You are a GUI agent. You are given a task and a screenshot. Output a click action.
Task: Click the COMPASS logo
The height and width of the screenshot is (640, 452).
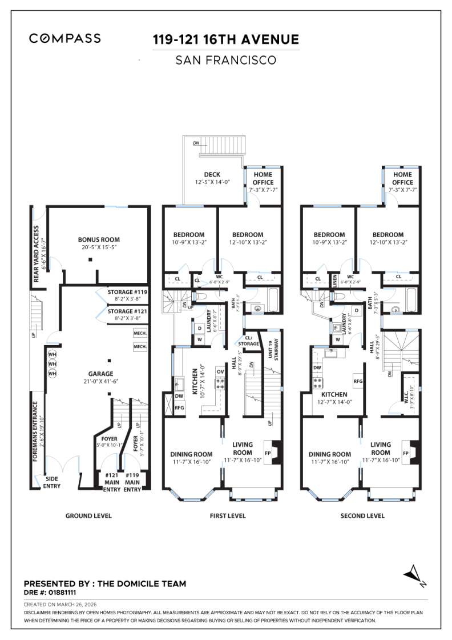coord(65,39)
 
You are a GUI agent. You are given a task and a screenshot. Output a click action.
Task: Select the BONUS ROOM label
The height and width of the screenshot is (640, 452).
coord(99,240)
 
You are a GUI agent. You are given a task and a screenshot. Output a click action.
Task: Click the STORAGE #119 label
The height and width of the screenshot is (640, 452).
coord(128,292)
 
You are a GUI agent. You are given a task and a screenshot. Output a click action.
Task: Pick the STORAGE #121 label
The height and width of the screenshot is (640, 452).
coord(128,311)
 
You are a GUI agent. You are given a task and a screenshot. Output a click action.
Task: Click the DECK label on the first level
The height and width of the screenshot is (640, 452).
coord(212,175)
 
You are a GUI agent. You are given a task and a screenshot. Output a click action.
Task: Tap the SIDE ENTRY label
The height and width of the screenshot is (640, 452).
coord(52,482)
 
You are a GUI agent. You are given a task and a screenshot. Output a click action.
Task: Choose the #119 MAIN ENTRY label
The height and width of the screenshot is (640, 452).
coord(132,482)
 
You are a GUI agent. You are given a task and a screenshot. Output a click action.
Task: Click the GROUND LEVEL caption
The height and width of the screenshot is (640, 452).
coord(88,515)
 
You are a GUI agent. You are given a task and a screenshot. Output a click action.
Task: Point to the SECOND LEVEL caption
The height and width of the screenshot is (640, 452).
coord(362,515)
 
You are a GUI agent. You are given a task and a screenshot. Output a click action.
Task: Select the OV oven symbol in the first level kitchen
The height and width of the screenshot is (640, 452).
coord(220,371)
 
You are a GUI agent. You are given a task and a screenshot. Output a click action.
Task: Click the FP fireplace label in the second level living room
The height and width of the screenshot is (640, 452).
coord(406,453)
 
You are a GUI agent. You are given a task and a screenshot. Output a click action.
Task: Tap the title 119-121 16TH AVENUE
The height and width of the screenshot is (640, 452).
coord(225,39)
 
